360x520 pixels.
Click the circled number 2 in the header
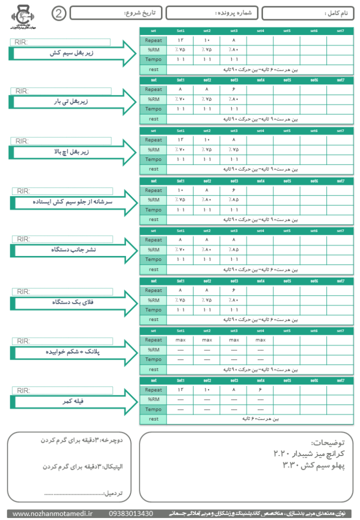[58, 13]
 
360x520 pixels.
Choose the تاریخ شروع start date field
[116, 13]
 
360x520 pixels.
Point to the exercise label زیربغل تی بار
[71, 102]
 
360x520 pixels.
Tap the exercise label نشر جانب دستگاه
[71, 251]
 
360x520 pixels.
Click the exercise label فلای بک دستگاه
[72, 302]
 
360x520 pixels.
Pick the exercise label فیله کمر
[72, 401]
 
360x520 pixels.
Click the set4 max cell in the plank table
[260, 340]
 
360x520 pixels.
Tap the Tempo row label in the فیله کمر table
[153, 409]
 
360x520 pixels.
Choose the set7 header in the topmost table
[340, 31]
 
